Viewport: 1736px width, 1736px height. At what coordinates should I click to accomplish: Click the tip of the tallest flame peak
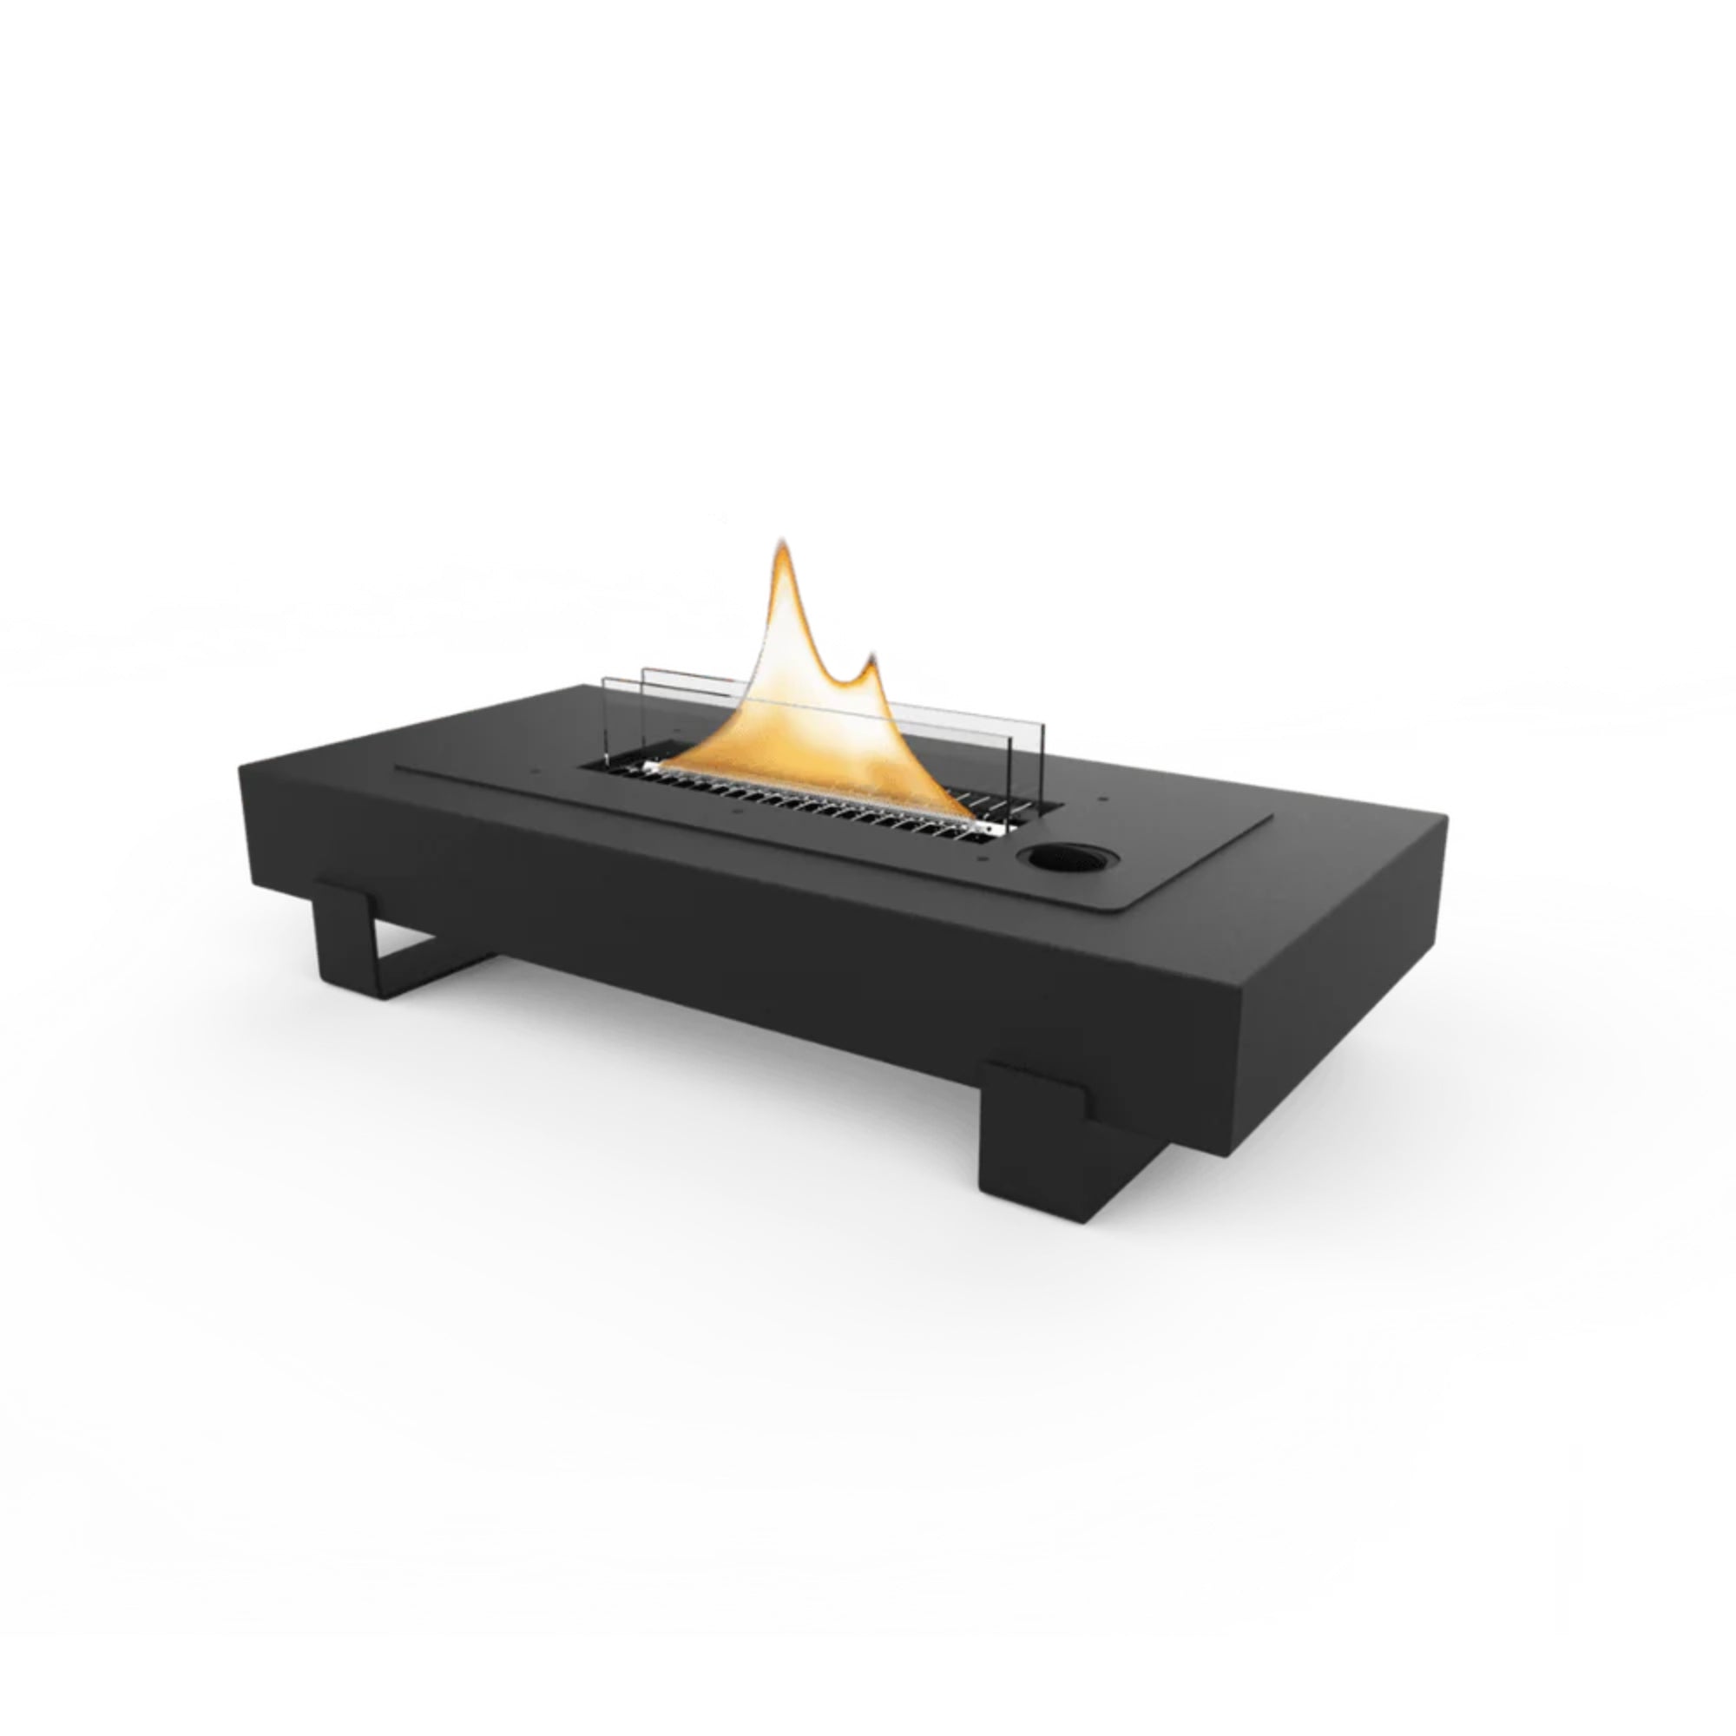click(780, 542)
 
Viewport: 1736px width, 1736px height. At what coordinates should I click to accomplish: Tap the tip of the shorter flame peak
click(869, 660)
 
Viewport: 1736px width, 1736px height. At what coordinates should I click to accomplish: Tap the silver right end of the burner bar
click(989, 828)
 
